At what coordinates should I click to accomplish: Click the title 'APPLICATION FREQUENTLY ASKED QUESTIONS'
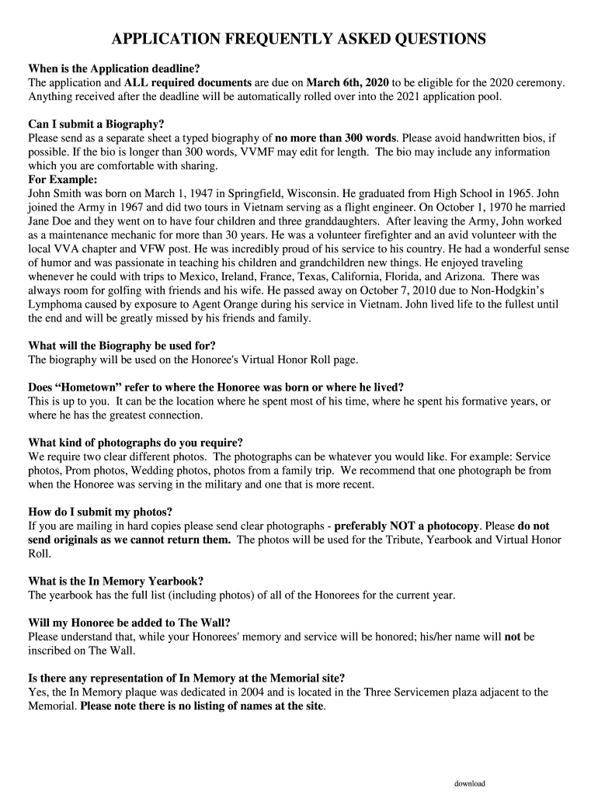coord(299,40)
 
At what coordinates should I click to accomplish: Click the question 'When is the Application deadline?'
coord(114,68)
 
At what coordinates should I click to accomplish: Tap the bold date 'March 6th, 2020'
coord(348,82)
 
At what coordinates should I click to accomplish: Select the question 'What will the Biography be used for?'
coord(122,345)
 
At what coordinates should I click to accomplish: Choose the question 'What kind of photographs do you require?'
coord(136,443)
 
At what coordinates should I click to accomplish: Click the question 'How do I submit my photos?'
coord(100,512)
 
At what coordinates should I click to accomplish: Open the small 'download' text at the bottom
coord(470,783)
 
